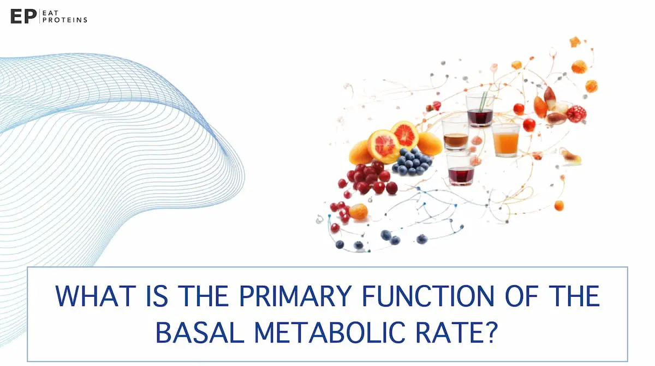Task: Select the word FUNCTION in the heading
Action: point(431,296)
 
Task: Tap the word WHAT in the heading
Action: point(94,296)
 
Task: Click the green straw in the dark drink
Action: point(483,101)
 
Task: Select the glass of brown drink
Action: point(455,135)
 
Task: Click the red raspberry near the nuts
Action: point(576,113)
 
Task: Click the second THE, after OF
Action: point(573,296)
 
